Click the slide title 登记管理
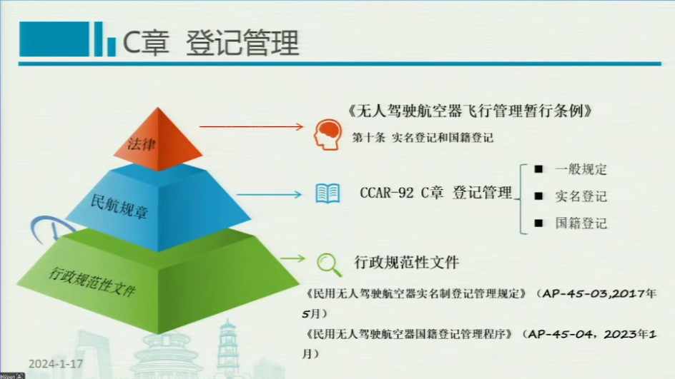coord(242,43)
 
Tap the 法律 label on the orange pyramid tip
coord(141,143)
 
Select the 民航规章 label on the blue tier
coord(119,206)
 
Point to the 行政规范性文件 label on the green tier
coord(92,281)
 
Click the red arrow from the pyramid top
coord(252,126)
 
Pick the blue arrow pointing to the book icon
coord(269,195)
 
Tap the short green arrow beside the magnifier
coord(292,258)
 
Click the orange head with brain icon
coord(327,134)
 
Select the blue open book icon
coord(327,193)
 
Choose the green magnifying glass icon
coord(330,265)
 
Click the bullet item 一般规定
coord(581,169)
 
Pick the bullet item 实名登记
coord(581,196)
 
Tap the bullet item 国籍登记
coord(581,223)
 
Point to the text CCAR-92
coord(387,193)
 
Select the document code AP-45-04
coord(560,334)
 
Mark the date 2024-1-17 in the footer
coord(56,364)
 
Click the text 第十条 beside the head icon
coord(368,138)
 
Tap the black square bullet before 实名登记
coord(538,196)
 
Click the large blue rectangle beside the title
coord(54,39)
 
